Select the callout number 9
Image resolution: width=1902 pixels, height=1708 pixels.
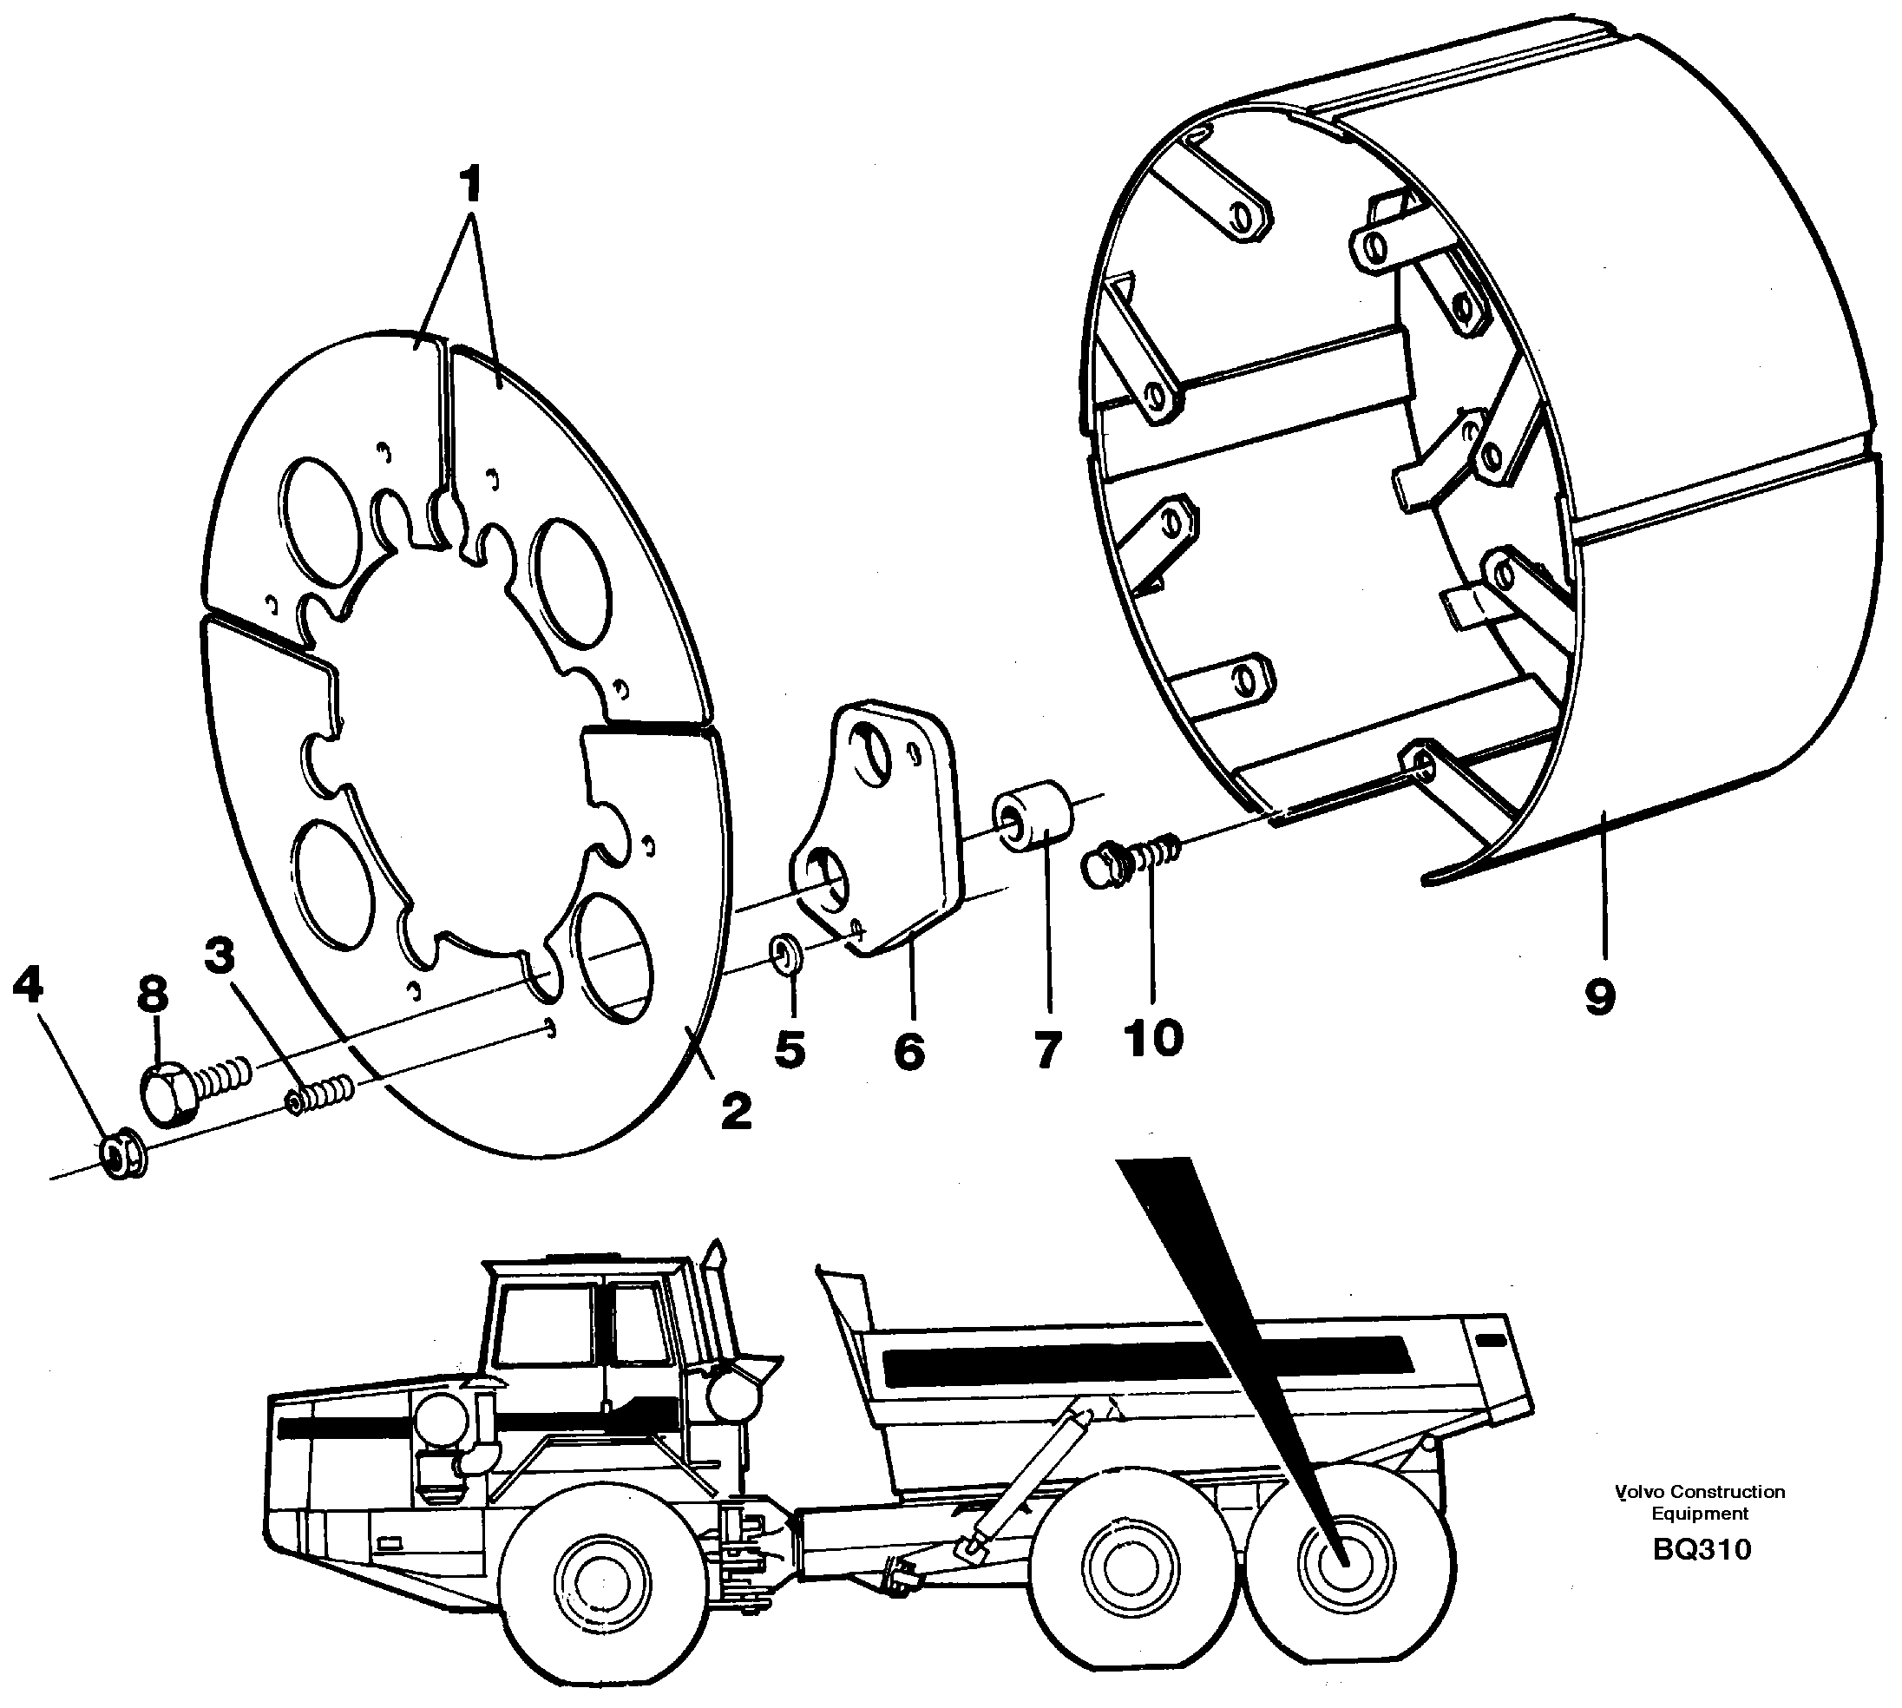tap(1600, 995)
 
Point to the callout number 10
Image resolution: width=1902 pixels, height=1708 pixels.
tap(1153, 1038)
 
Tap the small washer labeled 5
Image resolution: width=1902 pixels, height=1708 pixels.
tap(785, 956)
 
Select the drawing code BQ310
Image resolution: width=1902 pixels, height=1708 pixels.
tap(1700, 1549)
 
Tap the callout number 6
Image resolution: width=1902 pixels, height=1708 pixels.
tap(908, 1051)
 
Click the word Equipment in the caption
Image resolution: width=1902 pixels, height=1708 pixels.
tap(1699, 1514)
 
